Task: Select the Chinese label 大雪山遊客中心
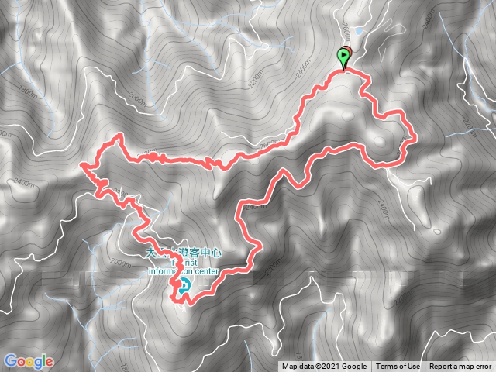coord(184,253)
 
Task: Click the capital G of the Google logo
coord(10,361)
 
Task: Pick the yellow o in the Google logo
coord(29,362)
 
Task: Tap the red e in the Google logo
coord(50,362)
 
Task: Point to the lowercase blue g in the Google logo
coord(38,363)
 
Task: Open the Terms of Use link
coord(398,367)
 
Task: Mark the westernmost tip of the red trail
coord(81,164)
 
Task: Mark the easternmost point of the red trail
coord(416,137)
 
